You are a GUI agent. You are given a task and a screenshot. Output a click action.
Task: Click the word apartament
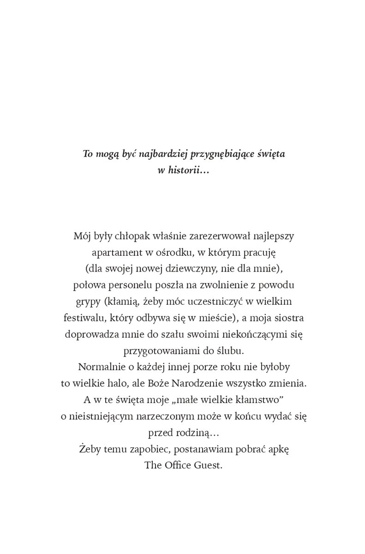click(115, 253)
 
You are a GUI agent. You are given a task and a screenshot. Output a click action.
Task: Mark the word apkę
click(279, 449)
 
